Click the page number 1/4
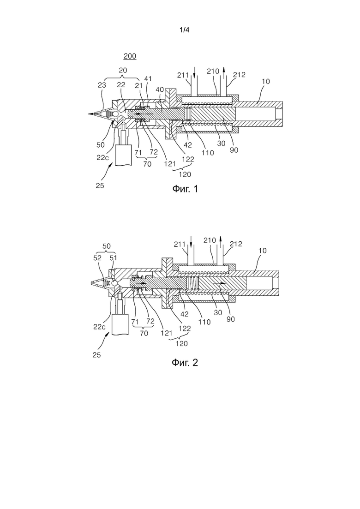pyautogui.click(x=184, y=30)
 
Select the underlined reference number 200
pyautogui.click(x=130, y=56)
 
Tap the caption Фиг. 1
pyautogui.click(x=185, y=189)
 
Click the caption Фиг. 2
pyautogui.click(x=185, y=362)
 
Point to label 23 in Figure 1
pyautogui.click(x=102, y=84)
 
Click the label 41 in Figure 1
pyautogui.click(x=148, y=79)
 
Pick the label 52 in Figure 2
pyautogui.click(x=97, y=258)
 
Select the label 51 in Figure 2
pyautogui.click(x=113, y=258)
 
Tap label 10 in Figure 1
pyautogui.click(x=265, y=82)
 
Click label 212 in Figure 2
pyautogui.click(x=236, y=244)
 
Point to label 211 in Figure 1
pyautogui.click(x=183, y=75)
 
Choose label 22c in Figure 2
pyautogui.click(x=99, y=327)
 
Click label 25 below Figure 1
pyautogui.click(x=100, y=186)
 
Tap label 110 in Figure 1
pyautogui.click(x=208, y=152)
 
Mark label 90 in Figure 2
pyautogui.click(x=230, y=319)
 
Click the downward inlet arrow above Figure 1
pyautogui.click(x=194, y=72)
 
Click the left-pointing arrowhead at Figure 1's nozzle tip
pyautogui.click(x=91, y=114)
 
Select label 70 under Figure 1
pyautogui.click(x=147, y=164)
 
